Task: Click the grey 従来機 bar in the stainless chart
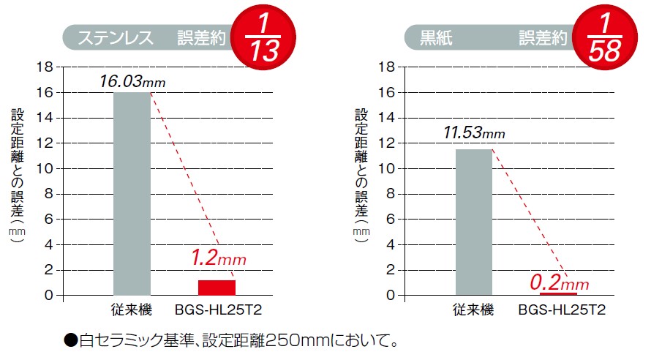point(132,194)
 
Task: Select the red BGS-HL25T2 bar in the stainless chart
point(217,287)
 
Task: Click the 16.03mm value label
point(132,81)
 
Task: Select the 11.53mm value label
point(473,133)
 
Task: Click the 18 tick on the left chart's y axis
point(47,67)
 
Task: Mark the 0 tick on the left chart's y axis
point(50,295)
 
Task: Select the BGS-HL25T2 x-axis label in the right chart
point(562,310)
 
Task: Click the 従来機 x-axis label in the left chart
point(133,310)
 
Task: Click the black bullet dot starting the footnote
point(70,340)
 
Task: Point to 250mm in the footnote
point(283,340)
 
